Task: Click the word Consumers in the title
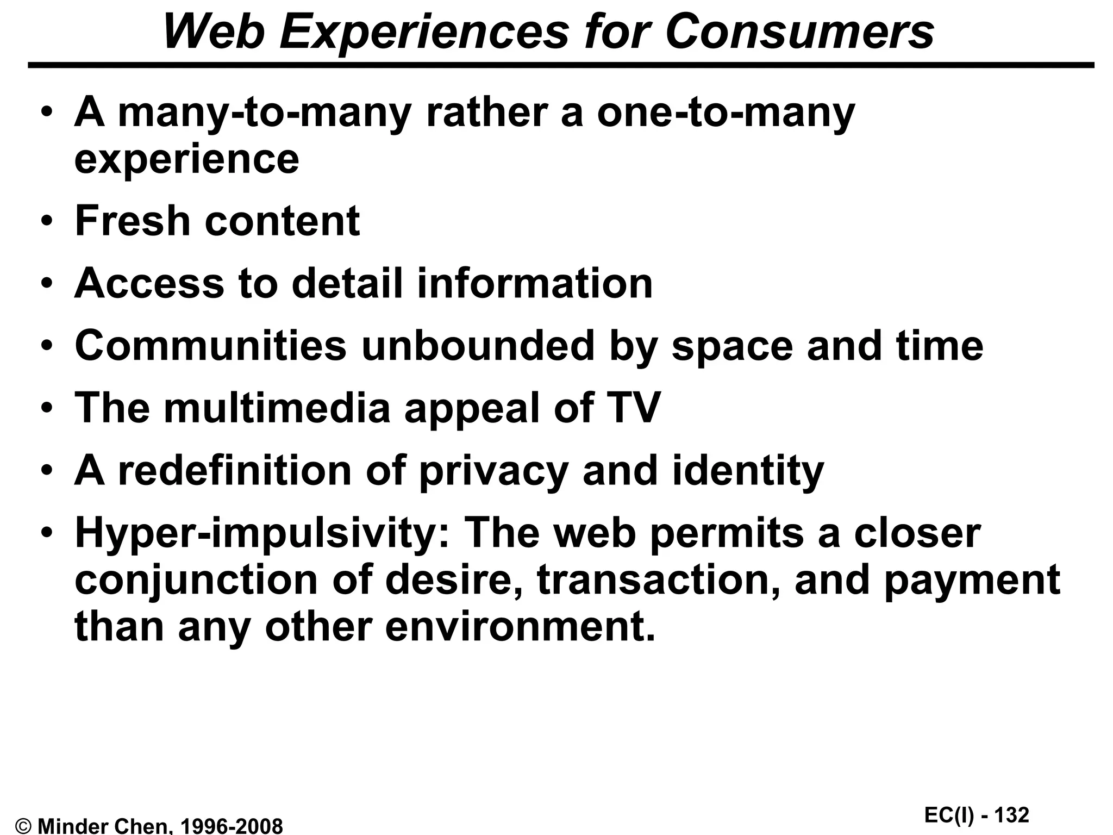pos(799,33)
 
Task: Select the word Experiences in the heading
pos(424,33)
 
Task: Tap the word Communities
pos(210,346)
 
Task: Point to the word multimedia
pos(277,408)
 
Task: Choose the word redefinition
pos(235,470)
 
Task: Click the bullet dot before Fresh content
pos(48,222)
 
